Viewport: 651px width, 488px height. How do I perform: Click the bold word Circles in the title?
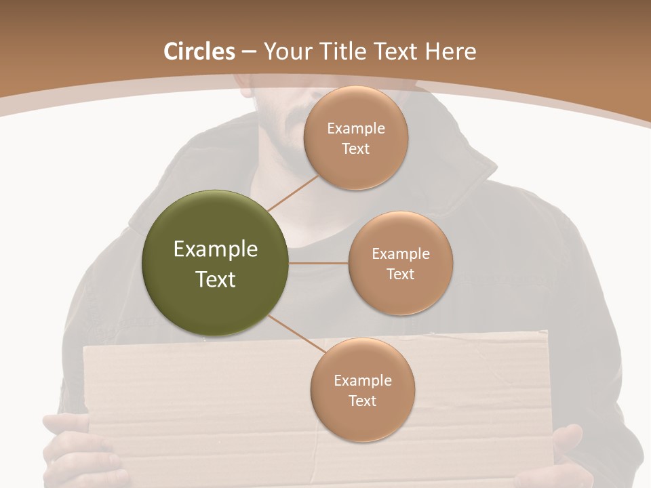(199, 52)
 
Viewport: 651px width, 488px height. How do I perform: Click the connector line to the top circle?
(293, 192)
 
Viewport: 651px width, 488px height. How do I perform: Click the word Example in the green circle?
(215, 249)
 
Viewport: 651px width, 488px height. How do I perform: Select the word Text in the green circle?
(215, 279)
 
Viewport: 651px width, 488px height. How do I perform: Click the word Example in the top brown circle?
(355, 129)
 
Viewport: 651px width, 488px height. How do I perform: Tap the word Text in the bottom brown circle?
(362, 401)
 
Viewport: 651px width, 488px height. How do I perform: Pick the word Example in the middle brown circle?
(400, 254)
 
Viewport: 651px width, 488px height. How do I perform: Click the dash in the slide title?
(248, 52)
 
